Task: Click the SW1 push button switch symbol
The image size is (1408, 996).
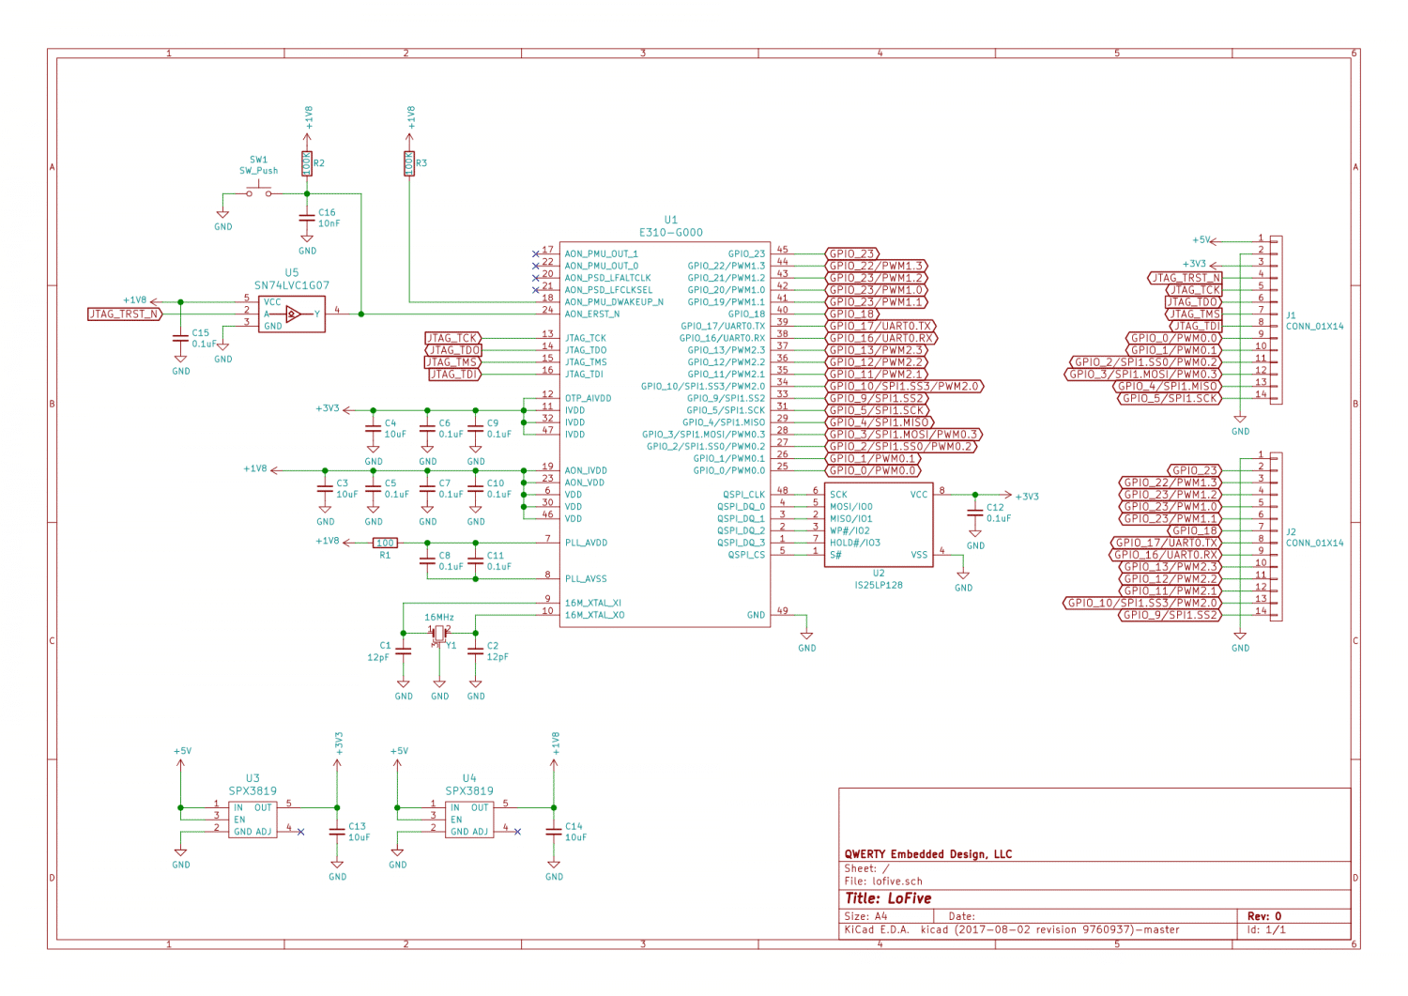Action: tap(259, 192)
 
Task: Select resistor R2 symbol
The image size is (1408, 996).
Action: tap(306, 163)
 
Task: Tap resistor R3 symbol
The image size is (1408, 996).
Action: tap(409, 163)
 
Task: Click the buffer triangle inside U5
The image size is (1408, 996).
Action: tap(294, 314)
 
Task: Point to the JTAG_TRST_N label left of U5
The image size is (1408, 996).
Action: tap(124, 314)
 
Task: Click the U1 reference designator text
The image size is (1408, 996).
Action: tap(670, 220)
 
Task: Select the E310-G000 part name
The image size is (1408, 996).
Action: tap(670, 233)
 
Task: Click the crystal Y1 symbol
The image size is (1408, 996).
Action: tap(439, 636)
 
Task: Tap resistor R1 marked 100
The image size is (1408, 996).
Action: tap(385, 543)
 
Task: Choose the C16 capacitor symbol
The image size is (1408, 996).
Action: tap(307, 218)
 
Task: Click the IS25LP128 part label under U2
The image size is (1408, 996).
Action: tap(879, 585)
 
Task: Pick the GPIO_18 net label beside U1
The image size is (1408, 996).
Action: tap(852, 314)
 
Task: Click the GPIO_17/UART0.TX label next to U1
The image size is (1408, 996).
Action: tap(880, 327)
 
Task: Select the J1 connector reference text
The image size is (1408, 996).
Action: tap(1292, 315)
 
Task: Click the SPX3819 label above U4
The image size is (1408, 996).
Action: tap(469, 791)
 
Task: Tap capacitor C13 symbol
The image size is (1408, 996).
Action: tap(337, 832)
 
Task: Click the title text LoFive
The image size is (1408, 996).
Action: tap(909, 898)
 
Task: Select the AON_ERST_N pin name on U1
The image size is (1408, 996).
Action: tap(592, 314)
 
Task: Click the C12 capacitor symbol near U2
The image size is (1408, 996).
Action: tap(975, 512)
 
